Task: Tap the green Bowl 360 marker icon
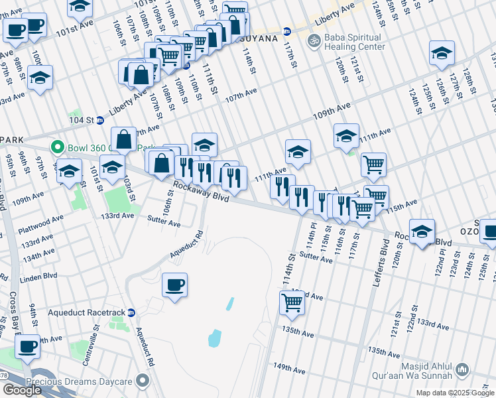coord(58,147)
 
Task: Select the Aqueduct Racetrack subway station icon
coord(131,312)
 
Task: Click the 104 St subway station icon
coord(99,120)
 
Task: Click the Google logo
coord(22,389)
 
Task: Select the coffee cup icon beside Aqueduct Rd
coord(174,285)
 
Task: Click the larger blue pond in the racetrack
coord(215,339)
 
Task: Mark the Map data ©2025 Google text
coord(454,393)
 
